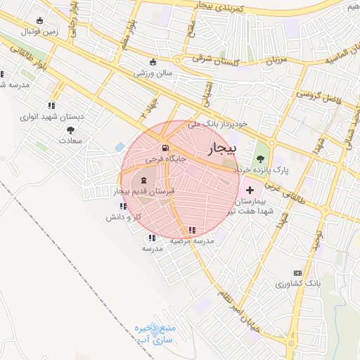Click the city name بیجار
click(224, 148)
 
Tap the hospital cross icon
click(250, 190)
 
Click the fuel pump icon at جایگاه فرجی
click(165, 148)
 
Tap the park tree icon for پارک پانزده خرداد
click(262, 158)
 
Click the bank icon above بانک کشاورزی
click(297, 272)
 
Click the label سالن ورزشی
click(154, 72)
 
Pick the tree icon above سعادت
click(70, 130)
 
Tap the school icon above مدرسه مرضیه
click(192, 230)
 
